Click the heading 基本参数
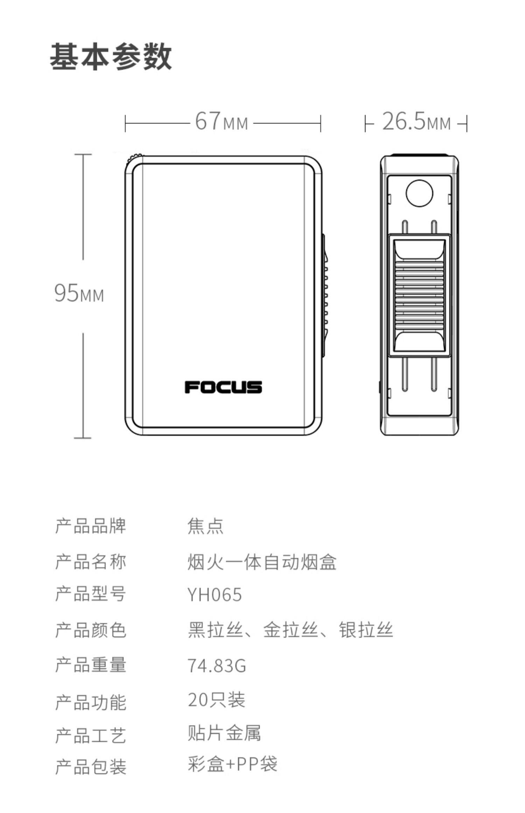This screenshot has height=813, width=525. pos(111,57)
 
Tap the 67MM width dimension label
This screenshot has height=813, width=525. pos(221,121)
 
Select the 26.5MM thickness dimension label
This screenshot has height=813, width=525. pos(416,121)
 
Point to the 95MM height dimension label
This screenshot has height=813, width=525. pos(79,293)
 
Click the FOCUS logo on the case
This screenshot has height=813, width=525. pos(223,387)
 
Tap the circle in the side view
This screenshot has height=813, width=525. pos(419,193)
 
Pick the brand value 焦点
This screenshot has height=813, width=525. pos(205,526)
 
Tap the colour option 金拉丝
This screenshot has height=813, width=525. pos(290,630)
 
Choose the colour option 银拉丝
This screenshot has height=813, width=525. pos(366,630)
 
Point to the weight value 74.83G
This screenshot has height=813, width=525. pos(217,666)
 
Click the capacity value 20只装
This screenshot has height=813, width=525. pos(217,700)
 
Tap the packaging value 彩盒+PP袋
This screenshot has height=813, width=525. pos(232,764)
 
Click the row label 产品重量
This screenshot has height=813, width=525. pos(91,665)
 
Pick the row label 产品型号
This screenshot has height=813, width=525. pos(91,594)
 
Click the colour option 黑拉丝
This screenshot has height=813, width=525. pos(215,630)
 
